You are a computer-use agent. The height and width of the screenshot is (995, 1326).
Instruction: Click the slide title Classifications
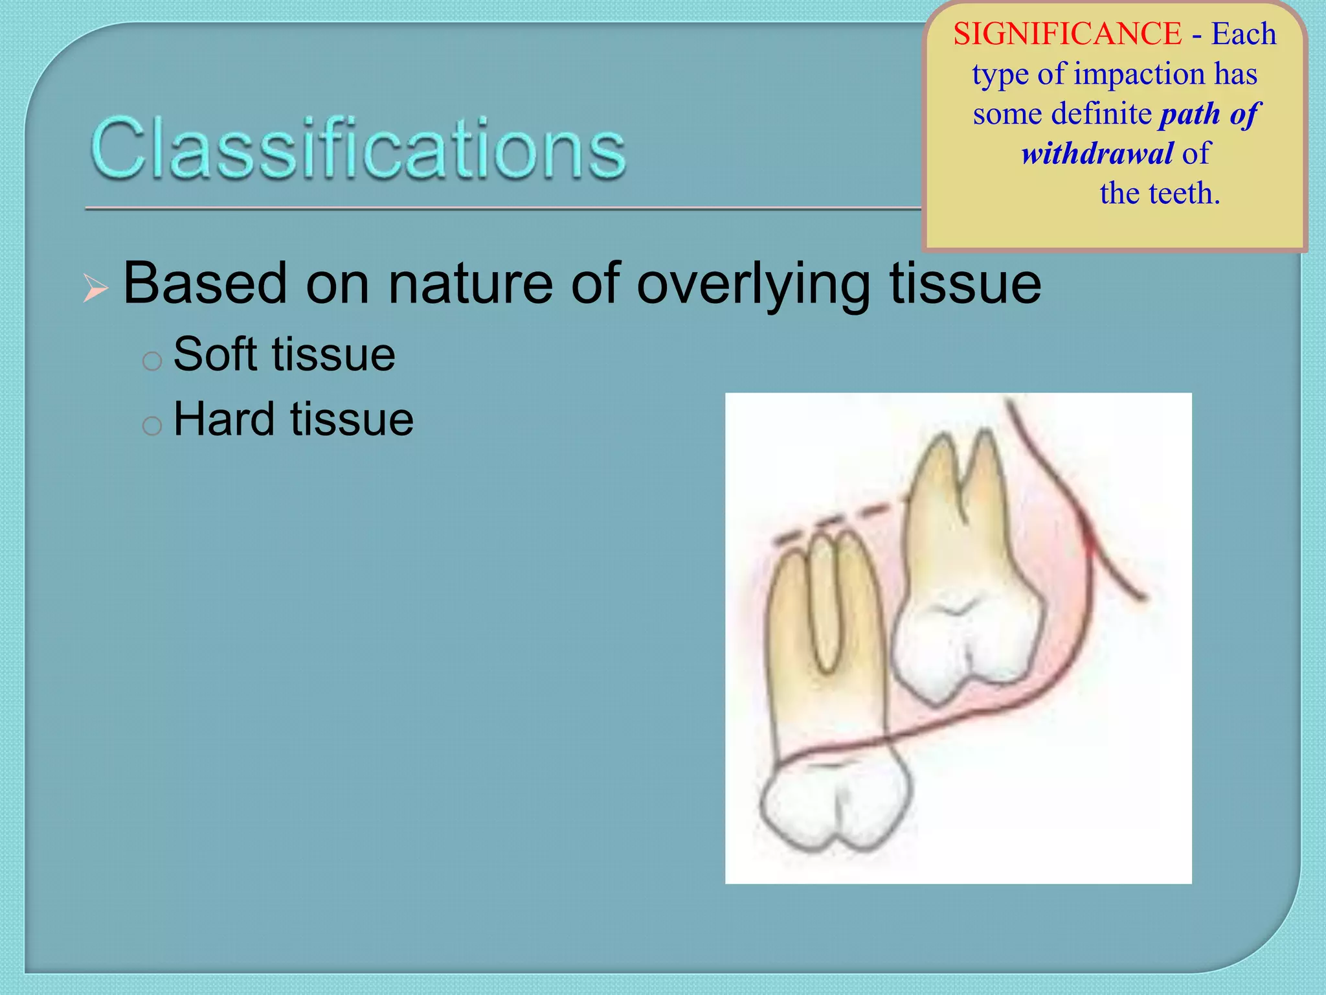[x=358, y=148]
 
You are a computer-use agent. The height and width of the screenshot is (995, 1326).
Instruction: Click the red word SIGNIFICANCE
[x=1067, y=34]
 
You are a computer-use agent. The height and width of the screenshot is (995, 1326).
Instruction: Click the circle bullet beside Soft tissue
[x=152, y=361]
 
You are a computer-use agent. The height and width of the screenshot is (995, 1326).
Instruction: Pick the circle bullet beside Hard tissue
[x=152, y=426]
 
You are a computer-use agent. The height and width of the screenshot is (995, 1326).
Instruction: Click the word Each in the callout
[x=1243, y=34]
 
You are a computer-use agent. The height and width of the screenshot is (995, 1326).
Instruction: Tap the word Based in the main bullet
[x=205, y=283]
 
